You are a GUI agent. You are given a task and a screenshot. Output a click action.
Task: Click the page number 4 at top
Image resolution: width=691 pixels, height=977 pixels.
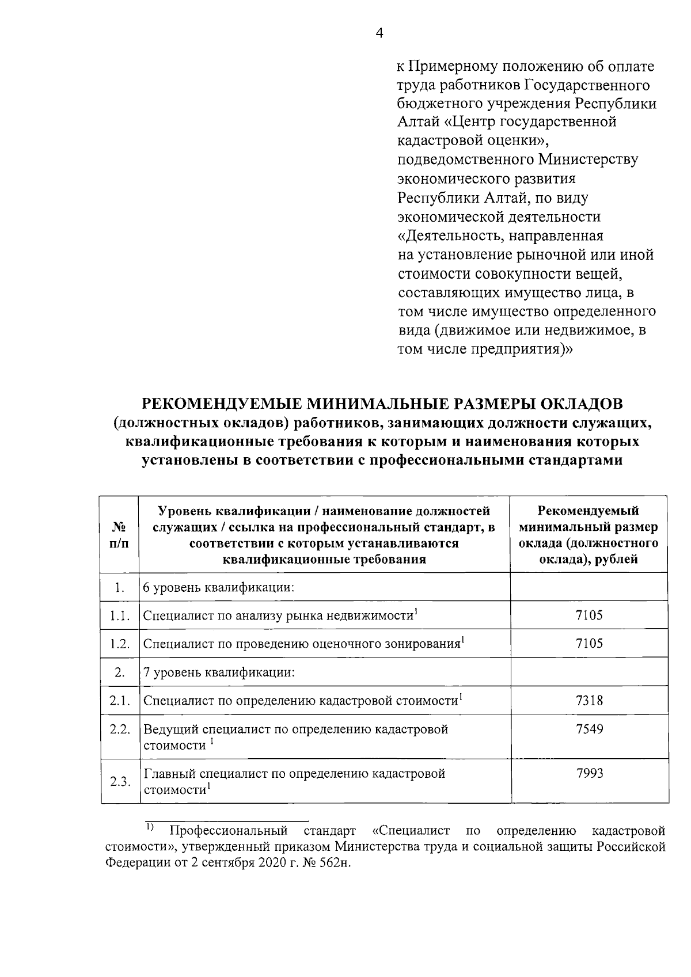coord(379,33)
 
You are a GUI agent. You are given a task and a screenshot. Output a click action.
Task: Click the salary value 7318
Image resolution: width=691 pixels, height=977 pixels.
coord(589,701)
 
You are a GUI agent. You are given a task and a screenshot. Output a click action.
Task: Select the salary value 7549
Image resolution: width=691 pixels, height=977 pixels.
coord(589,729)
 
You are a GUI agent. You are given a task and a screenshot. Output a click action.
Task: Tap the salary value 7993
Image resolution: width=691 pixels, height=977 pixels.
coord(589,773)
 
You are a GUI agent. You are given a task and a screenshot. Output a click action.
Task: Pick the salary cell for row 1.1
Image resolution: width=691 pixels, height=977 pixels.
coord(589,615)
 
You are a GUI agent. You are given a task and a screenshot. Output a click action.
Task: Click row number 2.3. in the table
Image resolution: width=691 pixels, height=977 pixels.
coord(120,782)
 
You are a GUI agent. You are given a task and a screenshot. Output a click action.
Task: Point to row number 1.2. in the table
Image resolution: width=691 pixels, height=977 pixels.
coord(120,644)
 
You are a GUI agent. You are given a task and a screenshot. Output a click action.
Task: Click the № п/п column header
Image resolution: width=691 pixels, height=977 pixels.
coord(119,535)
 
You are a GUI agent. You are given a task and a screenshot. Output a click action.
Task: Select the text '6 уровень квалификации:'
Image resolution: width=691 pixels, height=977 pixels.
coord(219,588)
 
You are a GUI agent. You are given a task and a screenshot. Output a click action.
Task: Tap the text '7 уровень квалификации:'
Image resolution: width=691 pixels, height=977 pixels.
coord(219,672)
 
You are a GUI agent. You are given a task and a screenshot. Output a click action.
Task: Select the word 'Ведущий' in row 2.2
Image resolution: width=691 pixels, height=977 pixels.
coord(170,729)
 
